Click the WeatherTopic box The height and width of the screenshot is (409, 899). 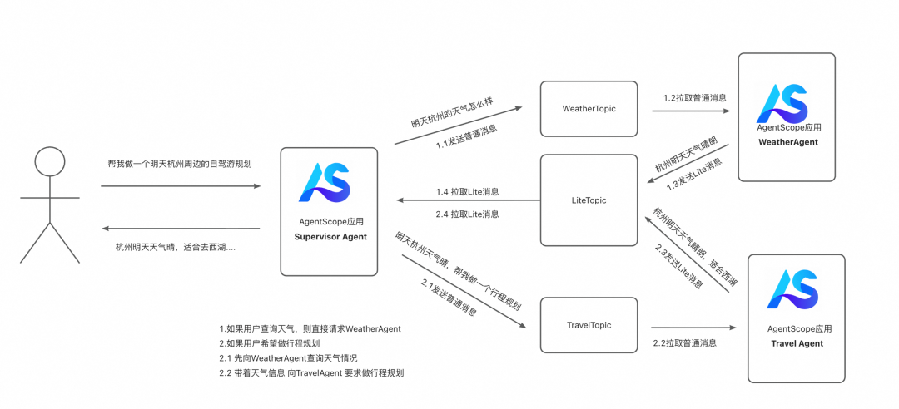589,108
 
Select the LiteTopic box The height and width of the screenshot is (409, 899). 589,200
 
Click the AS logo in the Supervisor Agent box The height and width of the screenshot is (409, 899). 325,183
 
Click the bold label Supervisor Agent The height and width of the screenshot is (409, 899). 330,237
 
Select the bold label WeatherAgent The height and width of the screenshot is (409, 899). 787,142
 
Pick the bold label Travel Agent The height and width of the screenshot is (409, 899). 797,343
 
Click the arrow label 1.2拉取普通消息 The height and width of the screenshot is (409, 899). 694,97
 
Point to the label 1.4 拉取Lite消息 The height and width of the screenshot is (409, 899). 467,192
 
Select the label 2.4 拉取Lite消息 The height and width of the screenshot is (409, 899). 467,214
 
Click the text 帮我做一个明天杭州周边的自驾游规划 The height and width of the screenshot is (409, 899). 180,164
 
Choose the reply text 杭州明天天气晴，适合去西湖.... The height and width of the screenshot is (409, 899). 175,247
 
